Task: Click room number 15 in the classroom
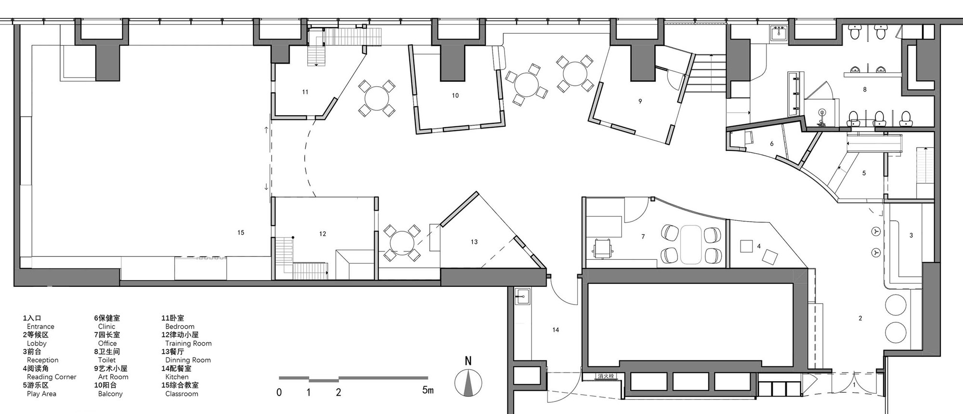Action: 241,233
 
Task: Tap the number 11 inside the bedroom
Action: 305,92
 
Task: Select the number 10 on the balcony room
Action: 455,96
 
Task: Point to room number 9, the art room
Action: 640,101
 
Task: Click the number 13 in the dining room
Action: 474,242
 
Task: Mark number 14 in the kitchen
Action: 556,330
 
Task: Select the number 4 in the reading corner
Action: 759,246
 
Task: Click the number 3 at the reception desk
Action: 911,236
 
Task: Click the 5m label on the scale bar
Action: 428,390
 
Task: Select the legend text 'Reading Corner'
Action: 52,377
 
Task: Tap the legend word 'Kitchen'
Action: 177,377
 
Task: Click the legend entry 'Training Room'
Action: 188,344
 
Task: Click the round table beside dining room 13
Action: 401,242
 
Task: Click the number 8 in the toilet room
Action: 865,90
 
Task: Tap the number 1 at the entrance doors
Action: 854,385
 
